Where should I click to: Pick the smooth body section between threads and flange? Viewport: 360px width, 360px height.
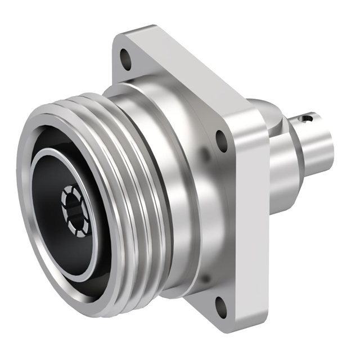point(169,186)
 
